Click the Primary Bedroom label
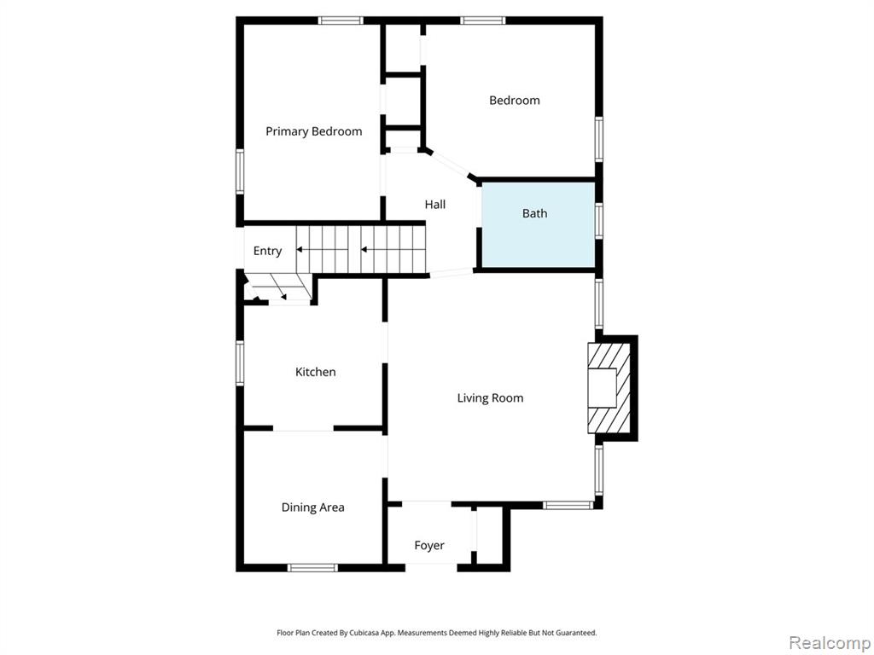314,131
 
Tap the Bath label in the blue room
534,213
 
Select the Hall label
434,205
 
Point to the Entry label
267,252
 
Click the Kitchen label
316,372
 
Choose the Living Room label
490,398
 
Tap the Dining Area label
312,507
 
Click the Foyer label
429,545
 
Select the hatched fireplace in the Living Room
609,388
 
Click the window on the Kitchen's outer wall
240,363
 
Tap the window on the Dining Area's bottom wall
312,567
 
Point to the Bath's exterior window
598,222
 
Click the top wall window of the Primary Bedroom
341,20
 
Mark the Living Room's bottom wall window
568,505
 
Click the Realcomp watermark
829,643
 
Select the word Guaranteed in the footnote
580,633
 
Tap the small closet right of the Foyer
490,536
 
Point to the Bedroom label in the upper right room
515,101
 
